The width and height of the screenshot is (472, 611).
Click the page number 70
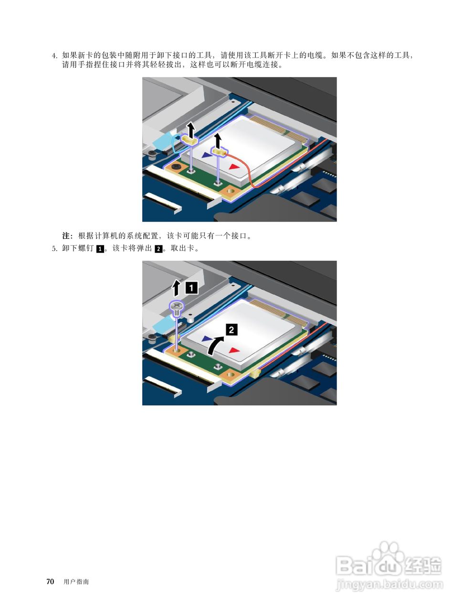[x=50, y=581]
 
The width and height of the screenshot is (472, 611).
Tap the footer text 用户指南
[x=76, y=582]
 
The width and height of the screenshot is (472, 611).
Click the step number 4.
[x=54, y=55]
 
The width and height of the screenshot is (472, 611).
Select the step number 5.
[x=54, y=249]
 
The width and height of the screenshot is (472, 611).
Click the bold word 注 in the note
[x=66, y=235]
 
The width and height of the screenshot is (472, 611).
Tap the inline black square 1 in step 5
[x=100, y=249]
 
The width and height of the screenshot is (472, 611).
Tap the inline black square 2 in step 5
[x=158, y=249]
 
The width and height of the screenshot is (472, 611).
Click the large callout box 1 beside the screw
[x=191, y=288]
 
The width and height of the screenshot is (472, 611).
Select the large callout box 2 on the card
[x=231, y=329]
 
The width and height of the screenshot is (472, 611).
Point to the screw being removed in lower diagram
[x=176, y=309]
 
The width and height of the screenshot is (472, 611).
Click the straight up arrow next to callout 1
[x=176, y=288]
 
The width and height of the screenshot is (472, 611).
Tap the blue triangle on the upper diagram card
[x=207, y=155]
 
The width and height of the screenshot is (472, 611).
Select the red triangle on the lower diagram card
[x=234, y=350]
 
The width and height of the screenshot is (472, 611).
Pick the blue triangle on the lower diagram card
[x=207, y=338]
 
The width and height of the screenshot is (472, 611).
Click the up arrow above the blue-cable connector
[x=191, y=130]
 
